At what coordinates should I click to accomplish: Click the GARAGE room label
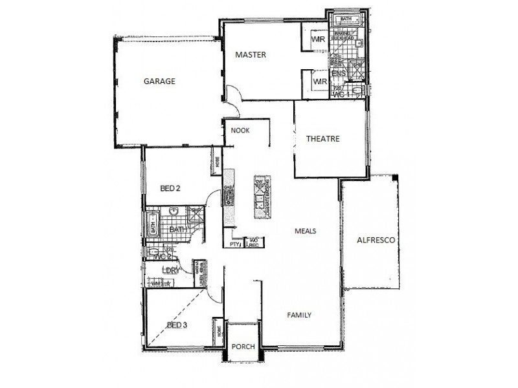159,81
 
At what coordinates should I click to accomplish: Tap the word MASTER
251,55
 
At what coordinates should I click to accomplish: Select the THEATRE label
322,138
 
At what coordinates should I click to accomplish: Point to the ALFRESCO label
377,240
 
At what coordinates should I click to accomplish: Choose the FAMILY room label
299,316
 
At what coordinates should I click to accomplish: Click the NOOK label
240,131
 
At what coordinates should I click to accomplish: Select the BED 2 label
170,189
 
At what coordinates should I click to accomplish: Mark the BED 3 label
177,325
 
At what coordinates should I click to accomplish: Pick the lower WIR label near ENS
319,82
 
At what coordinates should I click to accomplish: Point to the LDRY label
169,270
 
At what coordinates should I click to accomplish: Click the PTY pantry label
234,244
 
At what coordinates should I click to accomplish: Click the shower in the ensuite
357,67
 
